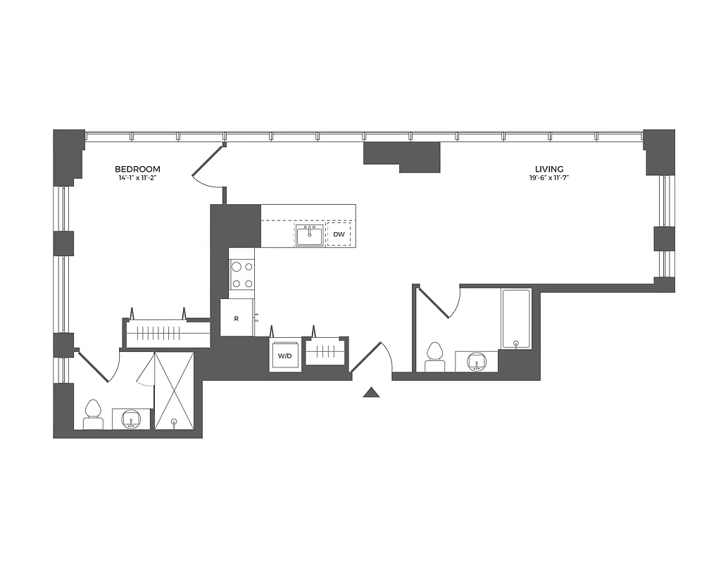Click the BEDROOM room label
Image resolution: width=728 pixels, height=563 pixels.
[138, 169]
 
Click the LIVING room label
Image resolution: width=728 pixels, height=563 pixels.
[548, 169]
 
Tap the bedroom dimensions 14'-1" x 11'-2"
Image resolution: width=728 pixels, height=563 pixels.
[138, 179]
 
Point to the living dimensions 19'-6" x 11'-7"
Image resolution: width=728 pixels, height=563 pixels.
[548, 179]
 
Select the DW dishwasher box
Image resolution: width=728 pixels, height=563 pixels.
[339, 234]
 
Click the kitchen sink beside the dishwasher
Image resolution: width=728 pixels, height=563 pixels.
[309, 235]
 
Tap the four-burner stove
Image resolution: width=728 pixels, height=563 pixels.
[242, 274]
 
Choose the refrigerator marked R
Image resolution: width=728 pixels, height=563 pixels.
[237, 318]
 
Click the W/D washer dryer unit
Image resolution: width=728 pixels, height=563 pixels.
[284, 356]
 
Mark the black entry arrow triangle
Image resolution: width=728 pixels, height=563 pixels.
[371, 393]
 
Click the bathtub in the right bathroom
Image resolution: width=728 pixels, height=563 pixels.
[516, 318]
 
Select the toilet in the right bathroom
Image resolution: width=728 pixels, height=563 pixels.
[434, 357]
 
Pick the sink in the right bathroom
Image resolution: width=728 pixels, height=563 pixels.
[477, 362]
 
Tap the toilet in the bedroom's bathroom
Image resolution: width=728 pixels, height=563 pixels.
[93, 415]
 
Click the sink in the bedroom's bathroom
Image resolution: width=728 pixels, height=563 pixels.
[132, 419]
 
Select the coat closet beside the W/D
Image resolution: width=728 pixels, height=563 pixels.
[325, 350]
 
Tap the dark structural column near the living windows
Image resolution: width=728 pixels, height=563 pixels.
[402, 156]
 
